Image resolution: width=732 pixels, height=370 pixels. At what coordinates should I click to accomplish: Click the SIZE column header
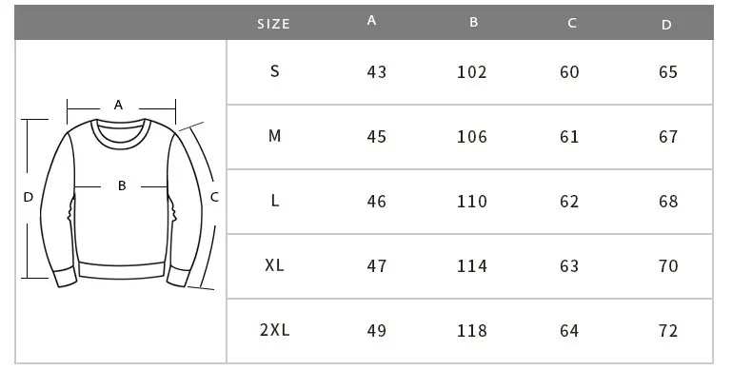pos(273,24)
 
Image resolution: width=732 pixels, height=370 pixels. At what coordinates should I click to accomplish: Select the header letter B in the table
pos(473,22)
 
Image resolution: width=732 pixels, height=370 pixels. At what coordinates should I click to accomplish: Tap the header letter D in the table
pos(666,25)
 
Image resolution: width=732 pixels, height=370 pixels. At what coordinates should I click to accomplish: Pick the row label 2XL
pos(274,330)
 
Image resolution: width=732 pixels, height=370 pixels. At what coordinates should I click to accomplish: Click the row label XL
pos(274,265)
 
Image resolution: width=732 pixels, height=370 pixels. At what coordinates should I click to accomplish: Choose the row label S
pos(275,71)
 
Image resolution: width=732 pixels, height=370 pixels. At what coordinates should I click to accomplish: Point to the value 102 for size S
pos(472,72)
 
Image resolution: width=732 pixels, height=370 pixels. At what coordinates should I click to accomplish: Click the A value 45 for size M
pos(377,137)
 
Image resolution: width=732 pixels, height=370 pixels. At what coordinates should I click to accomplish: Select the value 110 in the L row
pos(472,202)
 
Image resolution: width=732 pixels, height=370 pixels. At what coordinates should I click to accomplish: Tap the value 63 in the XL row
pos(569,266)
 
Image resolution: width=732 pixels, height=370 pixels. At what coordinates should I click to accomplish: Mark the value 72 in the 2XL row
pos(668,331)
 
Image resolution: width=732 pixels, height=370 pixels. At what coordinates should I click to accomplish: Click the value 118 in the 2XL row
pos(472,331)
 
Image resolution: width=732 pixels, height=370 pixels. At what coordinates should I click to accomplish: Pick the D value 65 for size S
pos(668,72)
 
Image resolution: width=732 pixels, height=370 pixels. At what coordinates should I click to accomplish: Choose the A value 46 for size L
pos(377,202)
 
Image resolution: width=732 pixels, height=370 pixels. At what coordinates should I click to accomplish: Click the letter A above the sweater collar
pos(119,105)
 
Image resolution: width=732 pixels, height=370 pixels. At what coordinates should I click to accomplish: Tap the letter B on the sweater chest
pos(122,186)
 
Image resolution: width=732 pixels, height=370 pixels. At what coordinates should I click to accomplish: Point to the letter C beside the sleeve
pos(214,197)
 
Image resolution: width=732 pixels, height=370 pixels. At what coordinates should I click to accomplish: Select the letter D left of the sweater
pos(29,197)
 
